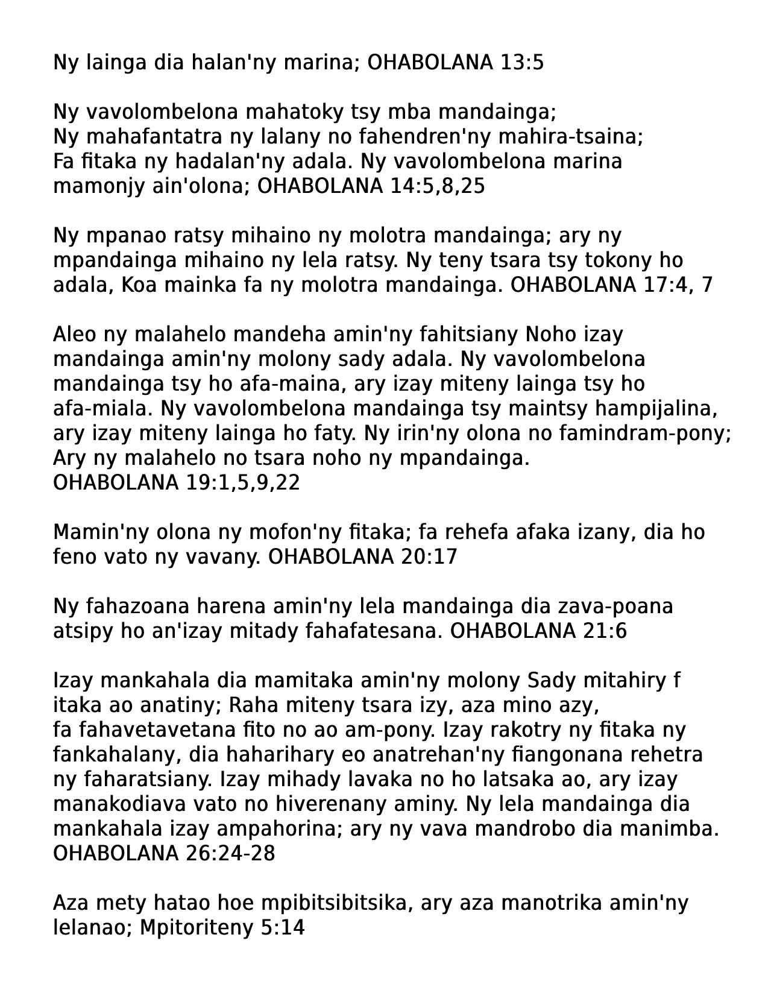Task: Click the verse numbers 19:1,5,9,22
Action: pos(240,483)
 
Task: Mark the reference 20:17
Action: pos(429,557)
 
